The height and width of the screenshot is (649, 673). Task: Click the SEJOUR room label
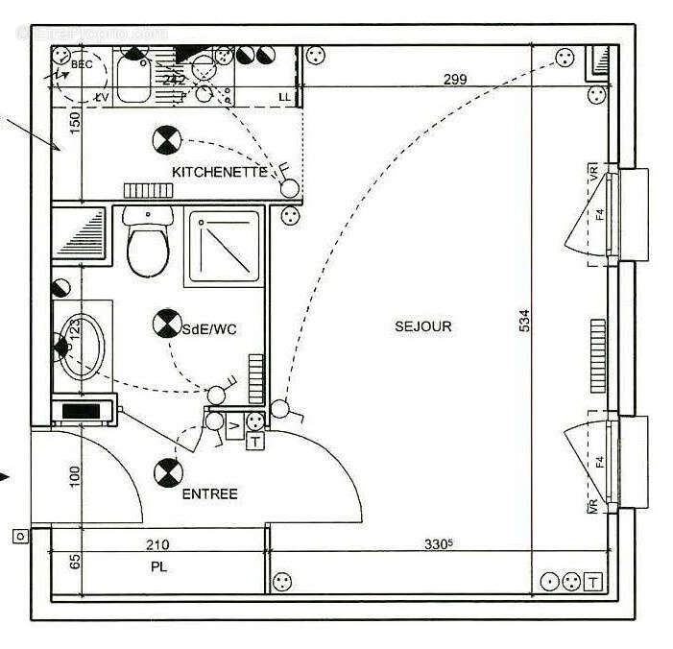pyautogui.click(x=422, y=327)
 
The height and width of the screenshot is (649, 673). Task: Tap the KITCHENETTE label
pyautogui.click(x=219, y=172)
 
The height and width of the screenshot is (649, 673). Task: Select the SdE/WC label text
pyautogui.click(x=209, y=329)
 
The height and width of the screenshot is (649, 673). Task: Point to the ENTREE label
pyautogui.click(x=209, y=494)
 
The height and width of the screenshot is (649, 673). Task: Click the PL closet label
pyautogui.click(x=158, y=567)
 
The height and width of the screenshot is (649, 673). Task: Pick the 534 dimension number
pyautogui.click(x=524, y=321)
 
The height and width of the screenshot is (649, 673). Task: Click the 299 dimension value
pyautogui.click(x=455, y=80)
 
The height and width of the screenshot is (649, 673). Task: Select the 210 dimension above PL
pyautogui.click(x=157, y=545)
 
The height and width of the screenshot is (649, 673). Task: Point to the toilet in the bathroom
pyautogui.click(x=148, y=245)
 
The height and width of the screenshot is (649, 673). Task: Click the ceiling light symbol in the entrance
pyautogui.click(x=167, y=472)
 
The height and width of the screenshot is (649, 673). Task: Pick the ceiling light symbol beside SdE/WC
pyautogui.click(x=165, y=324)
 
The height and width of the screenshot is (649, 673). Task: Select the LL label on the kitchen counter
pyautogui.click(x=284, y=97)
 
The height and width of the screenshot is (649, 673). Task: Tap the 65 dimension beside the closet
pyautogui.click(x=73, y=564)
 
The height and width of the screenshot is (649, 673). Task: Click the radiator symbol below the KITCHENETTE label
pyautogui.click(x=147, y=190)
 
